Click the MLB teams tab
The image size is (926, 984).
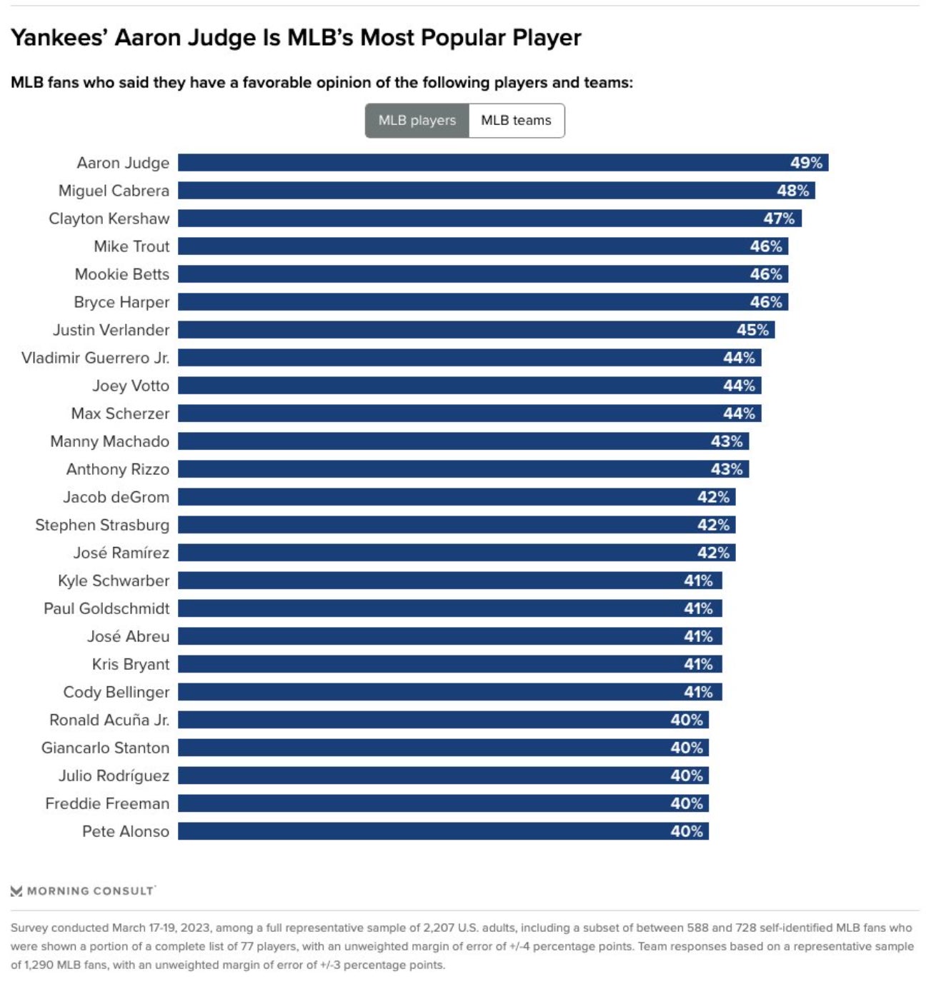(516, 121)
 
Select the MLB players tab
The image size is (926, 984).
(417, 121)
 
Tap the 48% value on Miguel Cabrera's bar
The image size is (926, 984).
(792, 191)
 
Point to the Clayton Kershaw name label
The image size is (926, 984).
(109, 219)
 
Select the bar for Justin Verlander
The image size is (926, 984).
(476, 330)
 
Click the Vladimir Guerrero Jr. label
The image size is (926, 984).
(96, 358)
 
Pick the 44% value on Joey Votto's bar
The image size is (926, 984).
(739, 386)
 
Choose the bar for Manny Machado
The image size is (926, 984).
(463, 441)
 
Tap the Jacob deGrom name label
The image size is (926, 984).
(116, 497)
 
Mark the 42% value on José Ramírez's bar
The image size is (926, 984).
(713, 553)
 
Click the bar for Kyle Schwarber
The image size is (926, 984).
(449, 581)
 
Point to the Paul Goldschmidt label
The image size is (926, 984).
(107, 608)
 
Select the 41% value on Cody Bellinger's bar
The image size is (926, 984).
(698, 692)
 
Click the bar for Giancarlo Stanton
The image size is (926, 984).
(443, 748)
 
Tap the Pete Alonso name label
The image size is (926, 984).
(126, 831)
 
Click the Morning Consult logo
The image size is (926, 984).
(83, 890)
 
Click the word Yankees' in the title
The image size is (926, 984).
(59, 37)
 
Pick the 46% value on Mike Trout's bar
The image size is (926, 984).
(766, 246)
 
